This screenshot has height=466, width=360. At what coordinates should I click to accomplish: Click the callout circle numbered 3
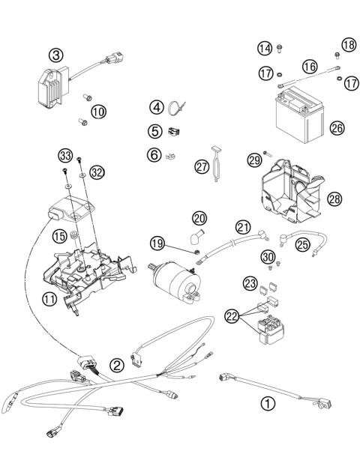(x=57, y=54)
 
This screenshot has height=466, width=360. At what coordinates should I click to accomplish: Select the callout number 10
(x=98, y=112)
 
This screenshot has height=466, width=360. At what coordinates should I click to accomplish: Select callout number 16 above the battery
(x=309, y=67)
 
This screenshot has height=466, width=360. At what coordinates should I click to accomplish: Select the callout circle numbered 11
(x=49, y=299)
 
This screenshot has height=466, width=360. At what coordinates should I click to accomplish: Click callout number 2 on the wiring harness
(x=117, y=366)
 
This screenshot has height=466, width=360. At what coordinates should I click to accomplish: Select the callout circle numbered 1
(x=267, y=403)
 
